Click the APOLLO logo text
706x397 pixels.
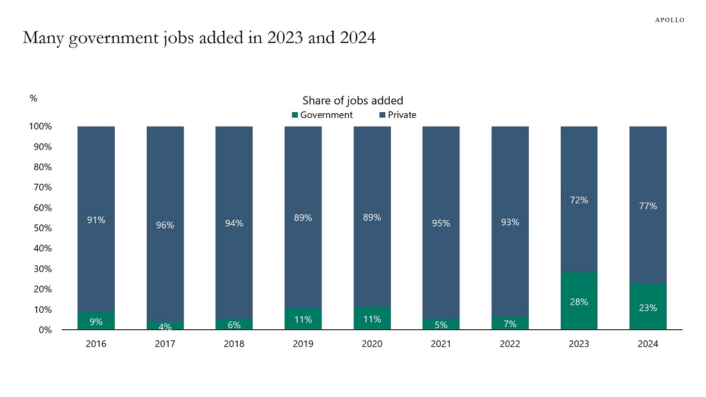click(670, 20)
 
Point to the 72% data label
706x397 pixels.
click(579, 200)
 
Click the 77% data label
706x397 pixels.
click(648, 206)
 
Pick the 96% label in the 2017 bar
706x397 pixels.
click(165, 225)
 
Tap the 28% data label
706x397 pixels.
click(579, 302)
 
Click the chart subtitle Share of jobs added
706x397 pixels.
click(352, 100)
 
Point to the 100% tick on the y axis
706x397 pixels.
click(40, 127)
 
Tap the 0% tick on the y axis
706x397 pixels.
click(44, 330)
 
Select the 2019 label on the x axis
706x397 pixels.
click(303, 344)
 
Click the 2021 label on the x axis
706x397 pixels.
click(441, 344)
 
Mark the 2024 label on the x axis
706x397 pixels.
click(648, 344)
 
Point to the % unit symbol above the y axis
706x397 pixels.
click(34, 98)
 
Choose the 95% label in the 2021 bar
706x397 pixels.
click(441, 223)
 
